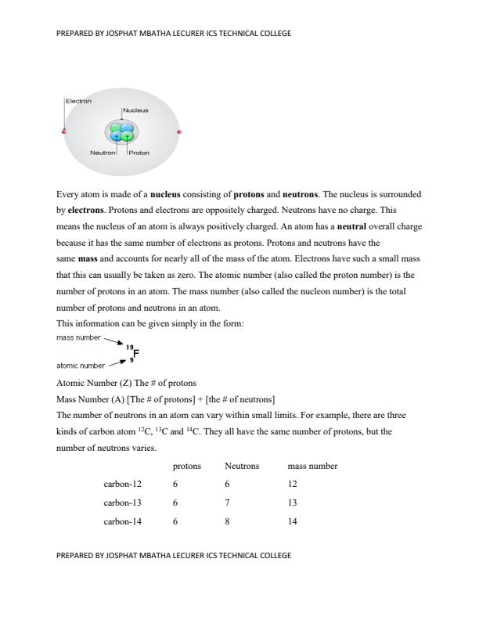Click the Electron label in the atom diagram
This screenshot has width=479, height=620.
[78, 101]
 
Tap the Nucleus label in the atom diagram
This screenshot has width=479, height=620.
[135, 111]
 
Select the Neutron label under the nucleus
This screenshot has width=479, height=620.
[103, 153]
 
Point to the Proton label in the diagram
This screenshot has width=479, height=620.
[139, 153]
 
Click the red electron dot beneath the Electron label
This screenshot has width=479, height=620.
[64, 132]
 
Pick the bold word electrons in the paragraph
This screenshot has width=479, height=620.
[85, 210]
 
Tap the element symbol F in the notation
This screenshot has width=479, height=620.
[137, 352]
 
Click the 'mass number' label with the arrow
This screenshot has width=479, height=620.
[78, 337]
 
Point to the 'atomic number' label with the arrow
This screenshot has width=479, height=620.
[81, 366]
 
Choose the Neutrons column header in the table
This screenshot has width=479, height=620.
[242, 466]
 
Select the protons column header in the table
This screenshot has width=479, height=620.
[187, 466]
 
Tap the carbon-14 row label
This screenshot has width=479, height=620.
[123, 521]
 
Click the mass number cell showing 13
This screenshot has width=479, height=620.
[293, 503]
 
